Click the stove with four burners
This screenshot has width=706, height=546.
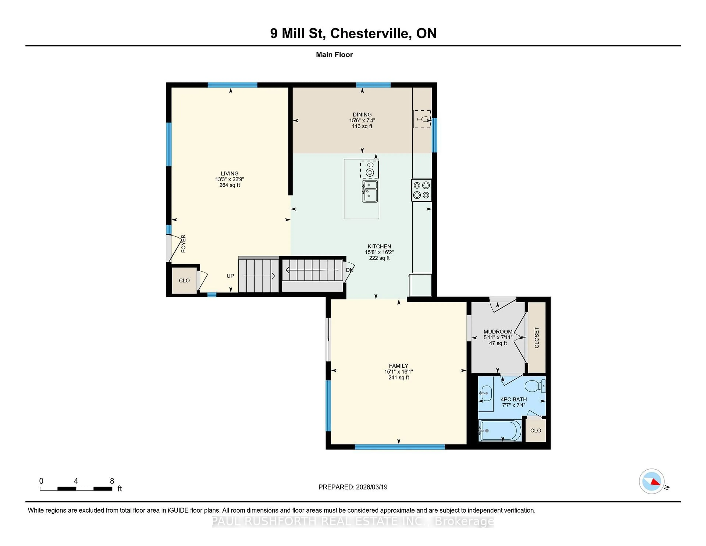(421, 190)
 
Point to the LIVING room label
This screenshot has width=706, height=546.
(229, 173)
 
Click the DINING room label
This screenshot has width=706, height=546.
(362, 114)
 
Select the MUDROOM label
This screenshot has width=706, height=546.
(498, 331)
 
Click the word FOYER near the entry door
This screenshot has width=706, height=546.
(183, 244)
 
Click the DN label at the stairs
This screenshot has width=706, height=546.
(350, 270)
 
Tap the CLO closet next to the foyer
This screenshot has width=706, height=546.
(184, 280)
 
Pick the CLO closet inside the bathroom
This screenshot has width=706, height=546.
(536, 430)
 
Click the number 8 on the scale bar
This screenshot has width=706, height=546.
(112, 481)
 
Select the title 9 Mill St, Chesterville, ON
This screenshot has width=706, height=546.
(353, 33)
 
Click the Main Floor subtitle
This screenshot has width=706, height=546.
(334, 55)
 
